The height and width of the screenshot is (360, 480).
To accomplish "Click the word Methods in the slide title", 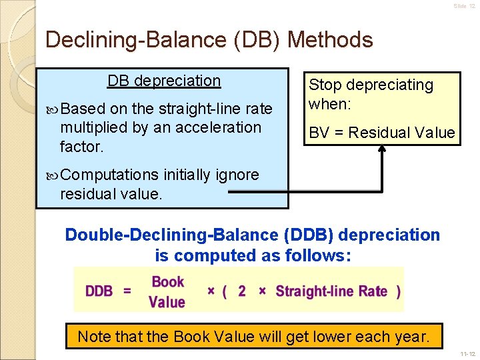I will pos(331,40).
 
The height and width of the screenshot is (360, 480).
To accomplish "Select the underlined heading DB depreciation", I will pos(164,81).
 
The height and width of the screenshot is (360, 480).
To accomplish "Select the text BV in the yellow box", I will pos(317,133).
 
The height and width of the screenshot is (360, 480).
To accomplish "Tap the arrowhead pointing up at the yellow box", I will pos(383,150).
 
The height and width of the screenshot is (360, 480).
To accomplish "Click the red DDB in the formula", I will pos(99,291).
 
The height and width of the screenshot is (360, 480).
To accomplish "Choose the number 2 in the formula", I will pos(242,291).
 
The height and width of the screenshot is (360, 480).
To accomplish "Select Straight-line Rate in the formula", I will pos(331,291).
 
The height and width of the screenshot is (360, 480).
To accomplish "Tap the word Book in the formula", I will pos(167,281).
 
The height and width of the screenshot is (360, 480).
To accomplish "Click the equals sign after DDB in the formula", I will pos(127,291).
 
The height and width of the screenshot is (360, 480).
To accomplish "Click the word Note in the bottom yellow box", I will pos(93,337).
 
